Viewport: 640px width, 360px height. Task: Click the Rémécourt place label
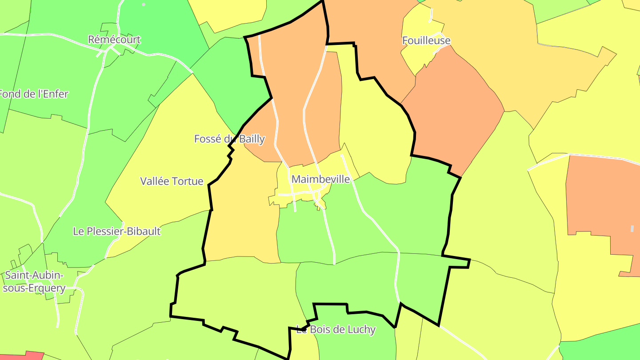coord(114,40)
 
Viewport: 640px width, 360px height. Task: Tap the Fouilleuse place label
coord(426,40)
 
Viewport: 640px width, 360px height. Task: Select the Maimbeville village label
coord(320,179)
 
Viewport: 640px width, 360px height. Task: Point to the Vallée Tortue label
coord(172,181)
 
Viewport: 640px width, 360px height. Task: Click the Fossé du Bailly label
coord(229,139)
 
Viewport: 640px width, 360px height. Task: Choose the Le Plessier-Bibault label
coord(116,231)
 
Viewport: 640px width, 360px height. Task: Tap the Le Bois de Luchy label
coord(336,330)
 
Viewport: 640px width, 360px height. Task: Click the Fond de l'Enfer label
coord(34,94)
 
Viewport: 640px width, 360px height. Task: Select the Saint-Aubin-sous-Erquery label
coord(34,282)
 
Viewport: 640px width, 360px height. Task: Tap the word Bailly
coord(252,139)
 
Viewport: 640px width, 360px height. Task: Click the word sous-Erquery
coord(34,288)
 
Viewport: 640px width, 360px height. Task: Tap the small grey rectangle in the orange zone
coord(632,228)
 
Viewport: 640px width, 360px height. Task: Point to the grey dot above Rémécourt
coord(144,4)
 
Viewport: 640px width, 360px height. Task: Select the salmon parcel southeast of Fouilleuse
coord(453,111)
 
